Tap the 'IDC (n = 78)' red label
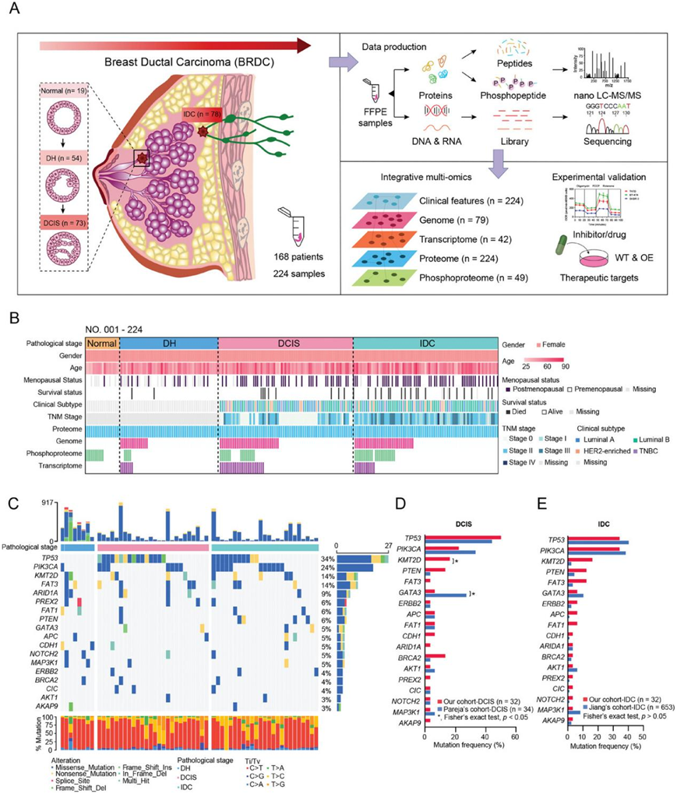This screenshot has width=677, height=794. (x=204, y=115)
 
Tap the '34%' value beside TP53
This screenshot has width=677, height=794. (x=327, y=558)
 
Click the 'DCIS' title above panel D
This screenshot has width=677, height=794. (x=468, y=524)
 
